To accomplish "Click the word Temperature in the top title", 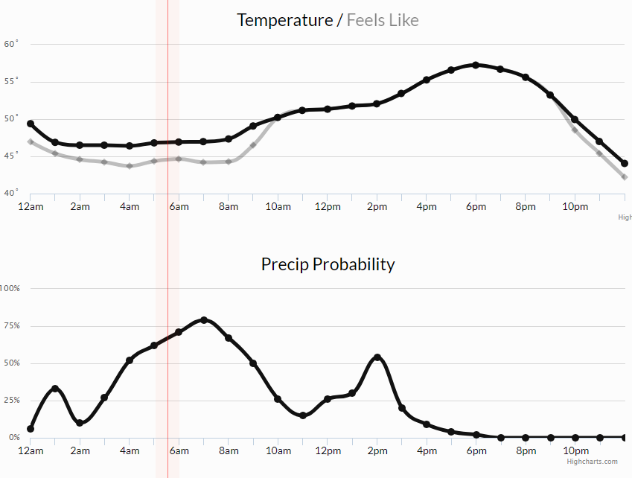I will click(284, 20).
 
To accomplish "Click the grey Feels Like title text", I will click(383, 20).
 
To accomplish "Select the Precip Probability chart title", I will click(328, 264).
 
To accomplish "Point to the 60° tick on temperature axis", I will click(10, 44).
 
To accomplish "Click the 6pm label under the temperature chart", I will click(476, 206).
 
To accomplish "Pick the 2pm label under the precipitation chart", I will click(377, 450).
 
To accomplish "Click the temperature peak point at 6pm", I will click(476, 65).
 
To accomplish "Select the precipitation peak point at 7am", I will click(204, 320).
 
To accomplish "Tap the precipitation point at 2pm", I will click(377, 357).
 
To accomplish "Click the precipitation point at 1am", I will click(55, 389).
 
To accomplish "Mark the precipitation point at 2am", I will click(80, 423).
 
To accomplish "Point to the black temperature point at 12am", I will click(31, 124).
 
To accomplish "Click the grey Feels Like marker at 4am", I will click(130, 166).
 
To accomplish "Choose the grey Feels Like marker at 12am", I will click(31, 141).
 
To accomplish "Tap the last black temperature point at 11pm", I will click(625, 164).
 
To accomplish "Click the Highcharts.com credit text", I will click(592, 462).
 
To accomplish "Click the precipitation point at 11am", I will click(303, 415).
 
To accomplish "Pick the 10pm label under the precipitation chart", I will click(575, 450).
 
